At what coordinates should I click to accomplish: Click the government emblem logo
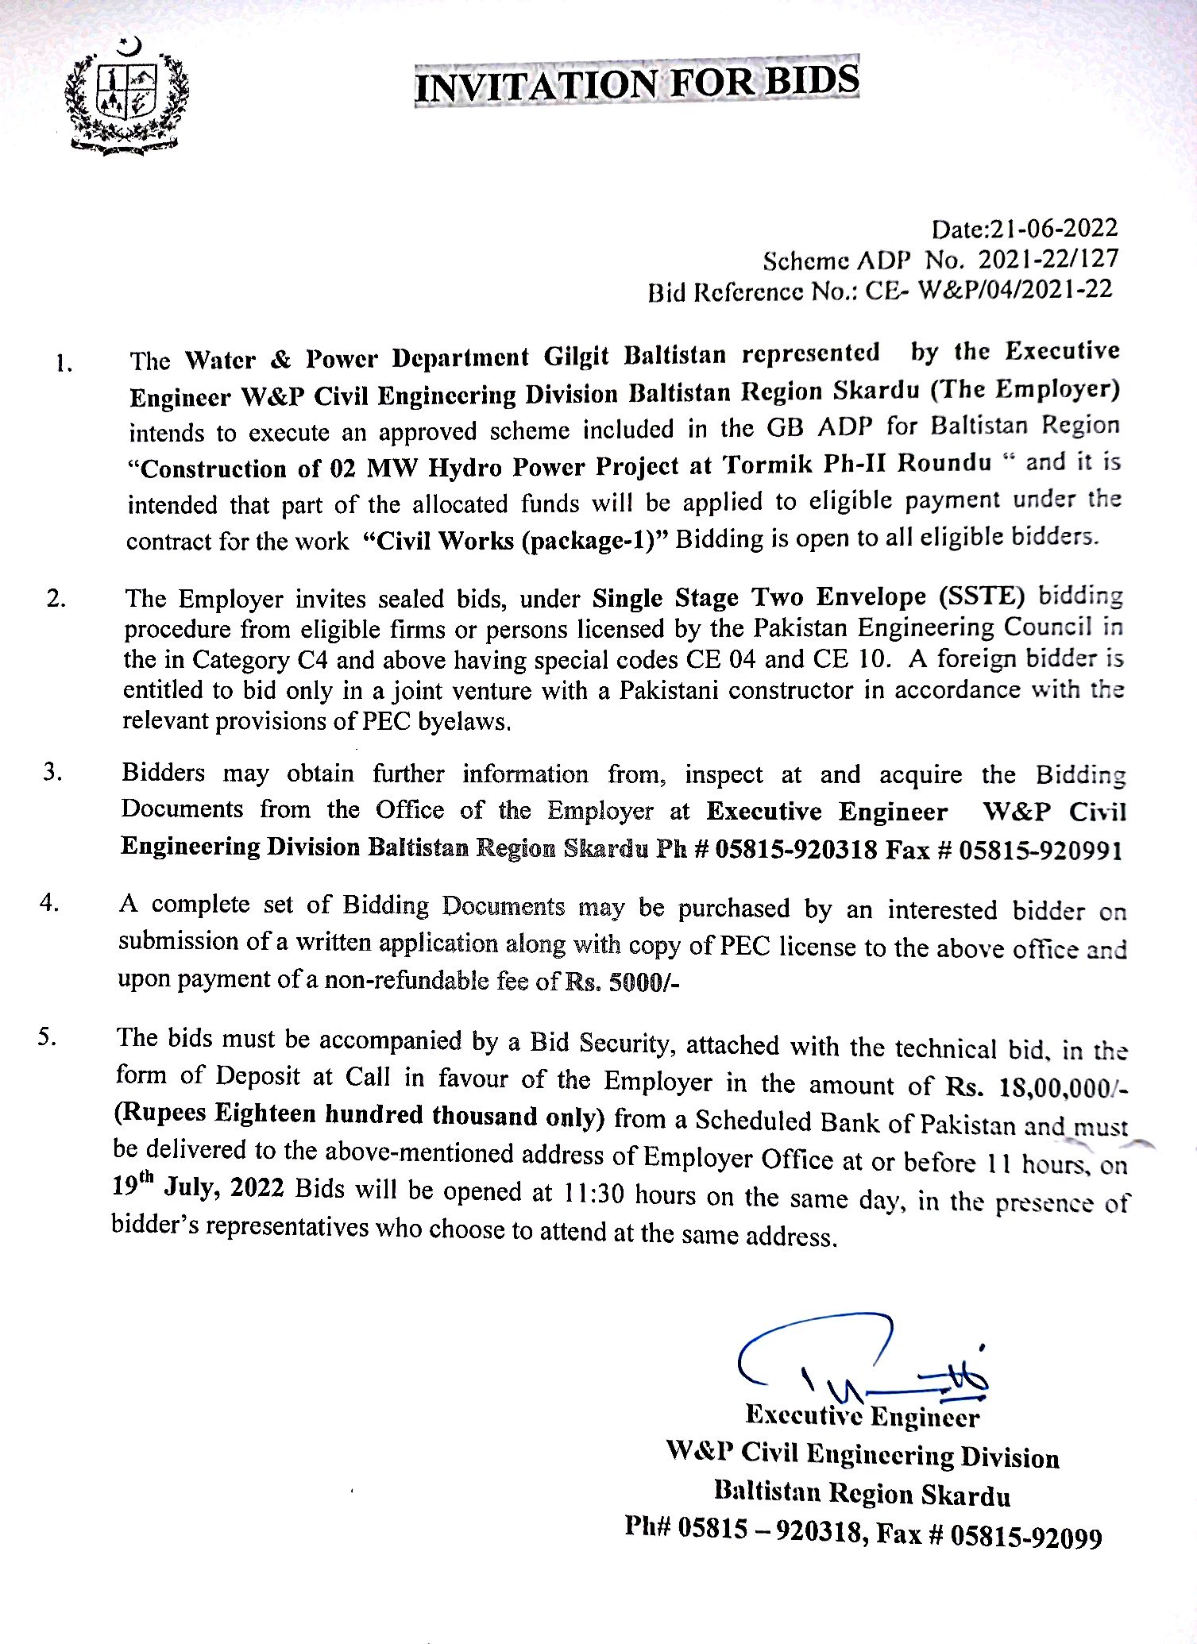click(128, 96)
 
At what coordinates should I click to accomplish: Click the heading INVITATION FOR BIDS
click(637, 83)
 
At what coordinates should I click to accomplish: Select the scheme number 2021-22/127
click(1048, 259)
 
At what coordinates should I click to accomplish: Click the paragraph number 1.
click(64, 364)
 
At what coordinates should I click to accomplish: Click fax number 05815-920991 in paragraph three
click(1041, 851)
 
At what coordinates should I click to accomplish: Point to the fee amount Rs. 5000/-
click(623, 982)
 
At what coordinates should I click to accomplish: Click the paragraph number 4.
click(49, 903)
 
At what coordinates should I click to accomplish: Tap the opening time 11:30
click(594, 1194)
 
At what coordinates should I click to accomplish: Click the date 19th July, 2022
click(198, 1187)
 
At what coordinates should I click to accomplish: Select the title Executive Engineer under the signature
click(863, 1415)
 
